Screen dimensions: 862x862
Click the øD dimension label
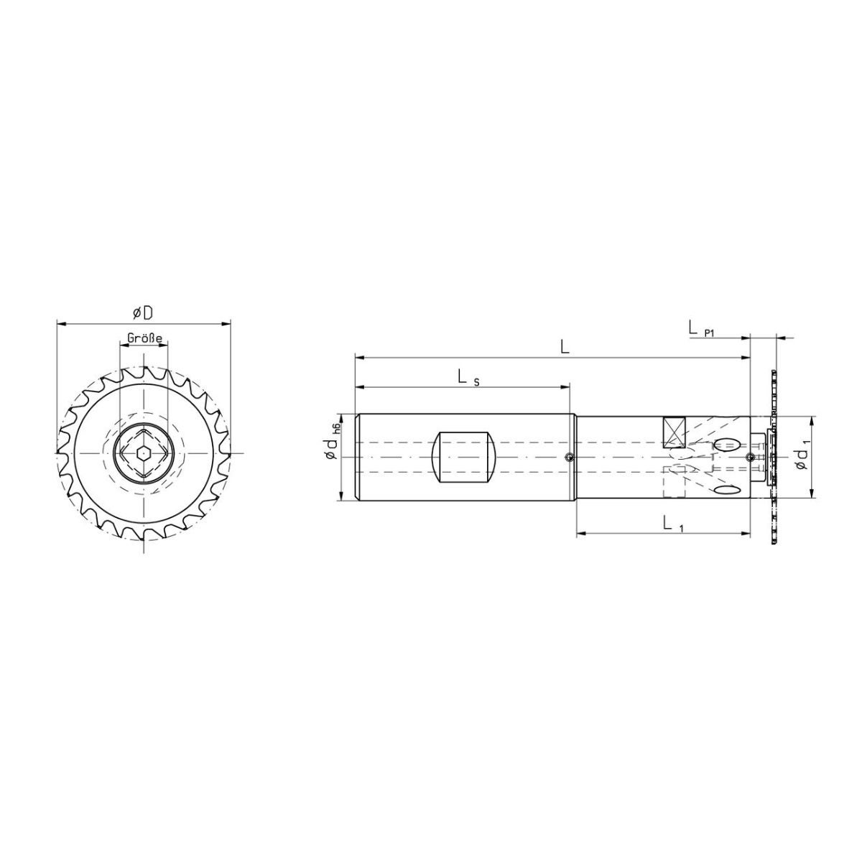tap(143, 314)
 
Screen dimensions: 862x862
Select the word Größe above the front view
tap(144, 338)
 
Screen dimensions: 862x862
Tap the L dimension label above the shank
tap(565, 347)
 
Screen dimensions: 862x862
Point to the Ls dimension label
tap(468, 378)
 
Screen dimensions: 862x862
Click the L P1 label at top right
tap(701, 330)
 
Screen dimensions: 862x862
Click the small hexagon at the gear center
tap(143, 453)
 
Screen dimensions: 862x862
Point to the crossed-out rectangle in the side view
tap(674, 432)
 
